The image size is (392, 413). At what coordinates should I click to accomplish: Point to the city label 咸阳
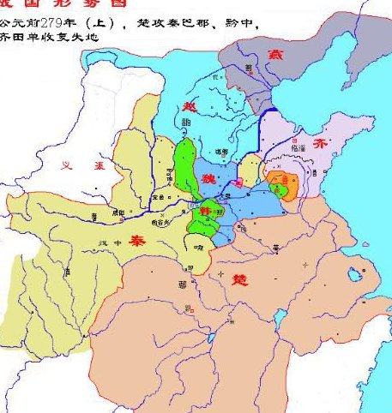pos(119,212)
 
